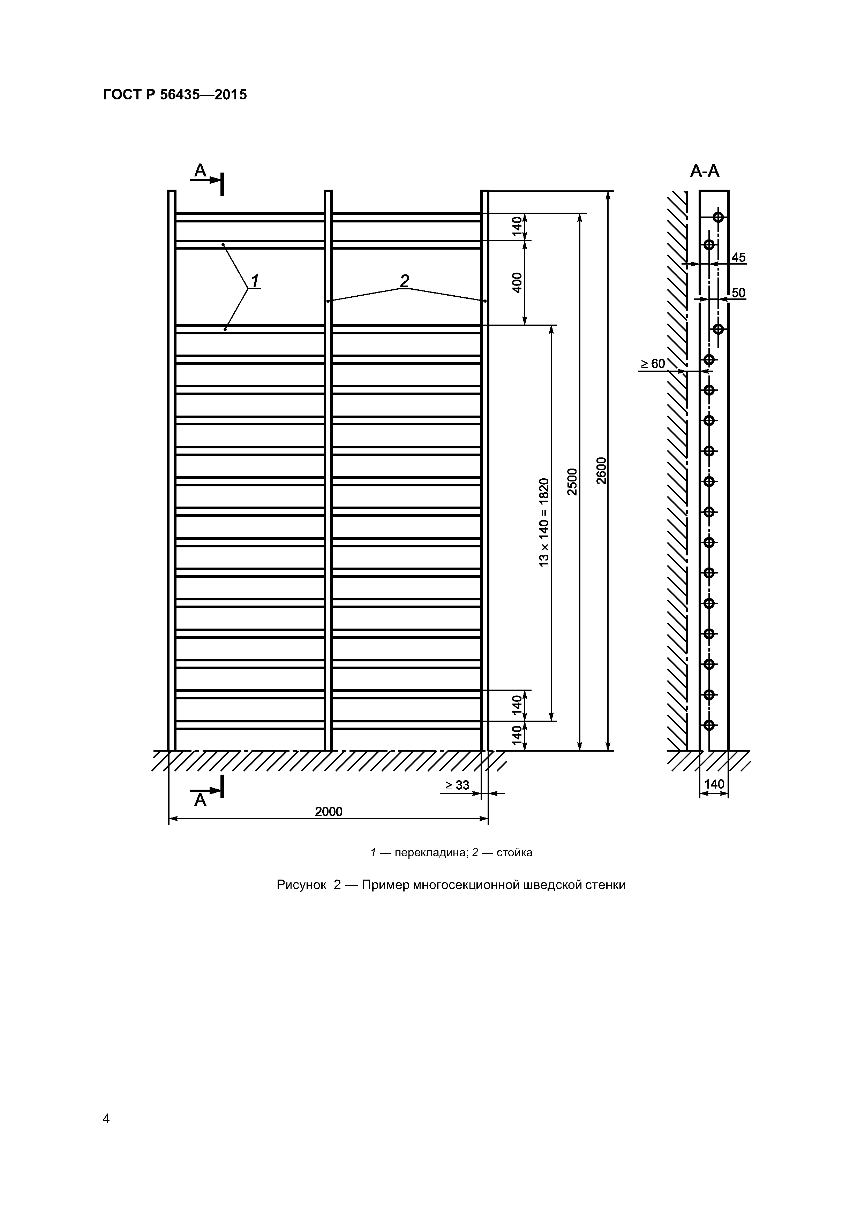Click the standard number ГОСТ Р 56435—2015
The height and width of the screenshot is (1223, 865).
pos(175,95)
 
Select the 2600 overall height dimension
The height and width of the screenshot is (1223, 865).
pos(602,470)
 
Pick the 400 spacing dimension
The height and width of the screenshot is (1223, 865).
pos(517,282)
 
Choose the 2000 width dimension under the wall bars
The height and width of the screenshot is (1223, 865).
pos(328,812)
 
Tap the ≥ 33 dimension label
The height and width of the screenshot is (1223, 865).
pos(457,785)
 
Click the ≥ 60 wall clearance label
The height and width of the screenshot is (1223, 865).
pos(653,364)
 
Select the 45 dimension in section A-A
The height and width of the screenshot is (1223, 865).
pos(739,258)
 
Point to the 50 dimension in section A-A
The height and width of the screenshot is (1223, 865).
pos(739,293)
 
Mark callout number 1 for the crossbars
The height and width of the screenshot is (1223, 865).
pos(255,280)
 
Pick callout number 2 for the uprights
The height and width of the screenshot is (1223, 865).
pos(405,280)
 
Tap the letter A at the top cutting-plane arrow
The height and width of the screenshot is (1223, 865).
pos(200,170)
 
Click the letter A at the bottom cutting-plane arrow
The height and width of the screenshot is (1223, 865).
pos(200,800)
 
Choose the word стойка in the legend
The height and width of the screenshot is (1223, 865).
pos(514,852)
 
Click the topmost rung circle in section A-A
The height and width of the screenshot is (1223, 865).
pos(719,217)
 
